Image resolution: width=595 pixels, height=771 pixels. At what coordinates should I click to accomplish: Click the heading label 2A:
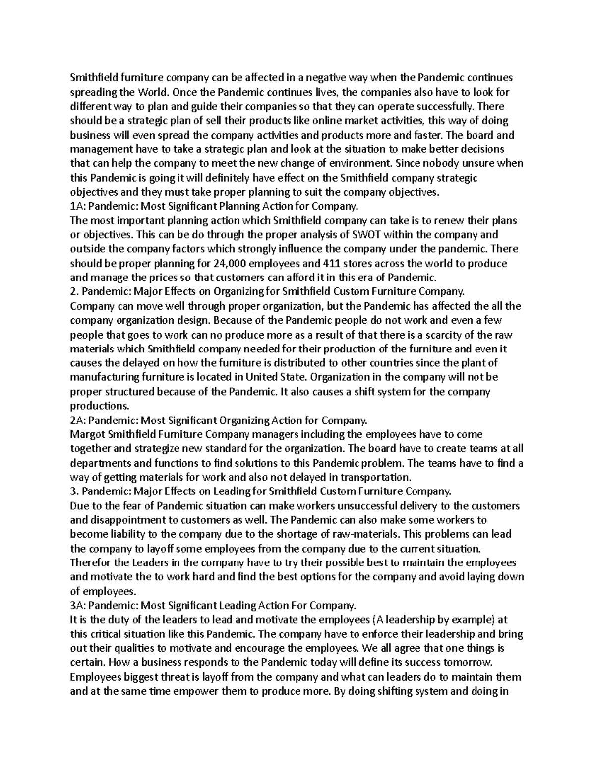coord(79,421)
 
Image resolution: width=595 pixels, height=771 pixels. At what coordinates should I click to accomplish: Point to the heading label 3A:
coord(79,606)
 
